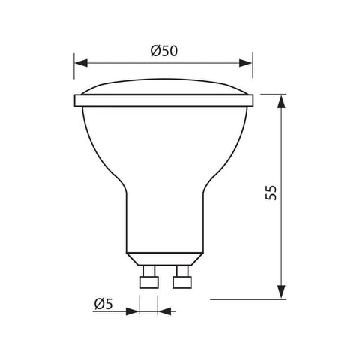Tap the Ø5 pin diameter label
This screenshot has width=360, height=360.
[x=104, y=303]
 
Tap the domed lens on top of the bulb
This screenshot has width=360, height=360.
[x=163, y=88]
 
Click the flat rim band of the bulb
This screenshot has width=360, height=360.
[x=163, y=100]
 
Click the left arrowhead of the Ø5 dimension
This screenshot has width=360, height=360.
[x=135, y=309]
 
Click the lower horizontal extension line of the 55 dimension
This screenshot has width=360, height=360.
[x=247, y=299]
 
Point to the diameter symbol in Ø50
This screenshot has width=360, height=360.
[x=156, y=51]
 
